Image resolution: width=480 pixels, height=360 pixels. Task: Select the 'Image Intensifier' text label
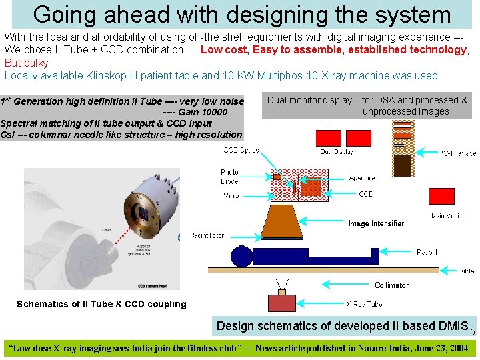(x=375, y=223)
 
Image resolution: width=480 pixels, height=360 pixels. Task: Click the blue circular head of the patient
(x=241, y=256)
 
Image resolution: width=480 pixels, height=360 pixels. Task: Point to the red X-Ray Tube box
(x=287, y=303)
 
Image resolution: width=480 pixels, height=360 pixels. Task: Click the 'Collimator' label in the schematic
(x=391, y=285)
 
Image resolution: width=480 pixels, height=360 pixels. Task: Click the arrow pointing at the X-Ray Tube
(x=327, y=303)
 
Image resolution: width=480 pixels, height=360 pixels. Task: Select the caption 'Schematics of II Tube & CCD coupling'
(x=101, y=304)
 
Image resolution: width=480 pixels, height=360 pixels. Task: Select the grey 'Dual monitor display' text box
(x=367, y=105)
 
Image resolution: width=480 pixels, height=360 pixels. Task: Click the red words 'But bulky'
(x=26, y=63)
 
